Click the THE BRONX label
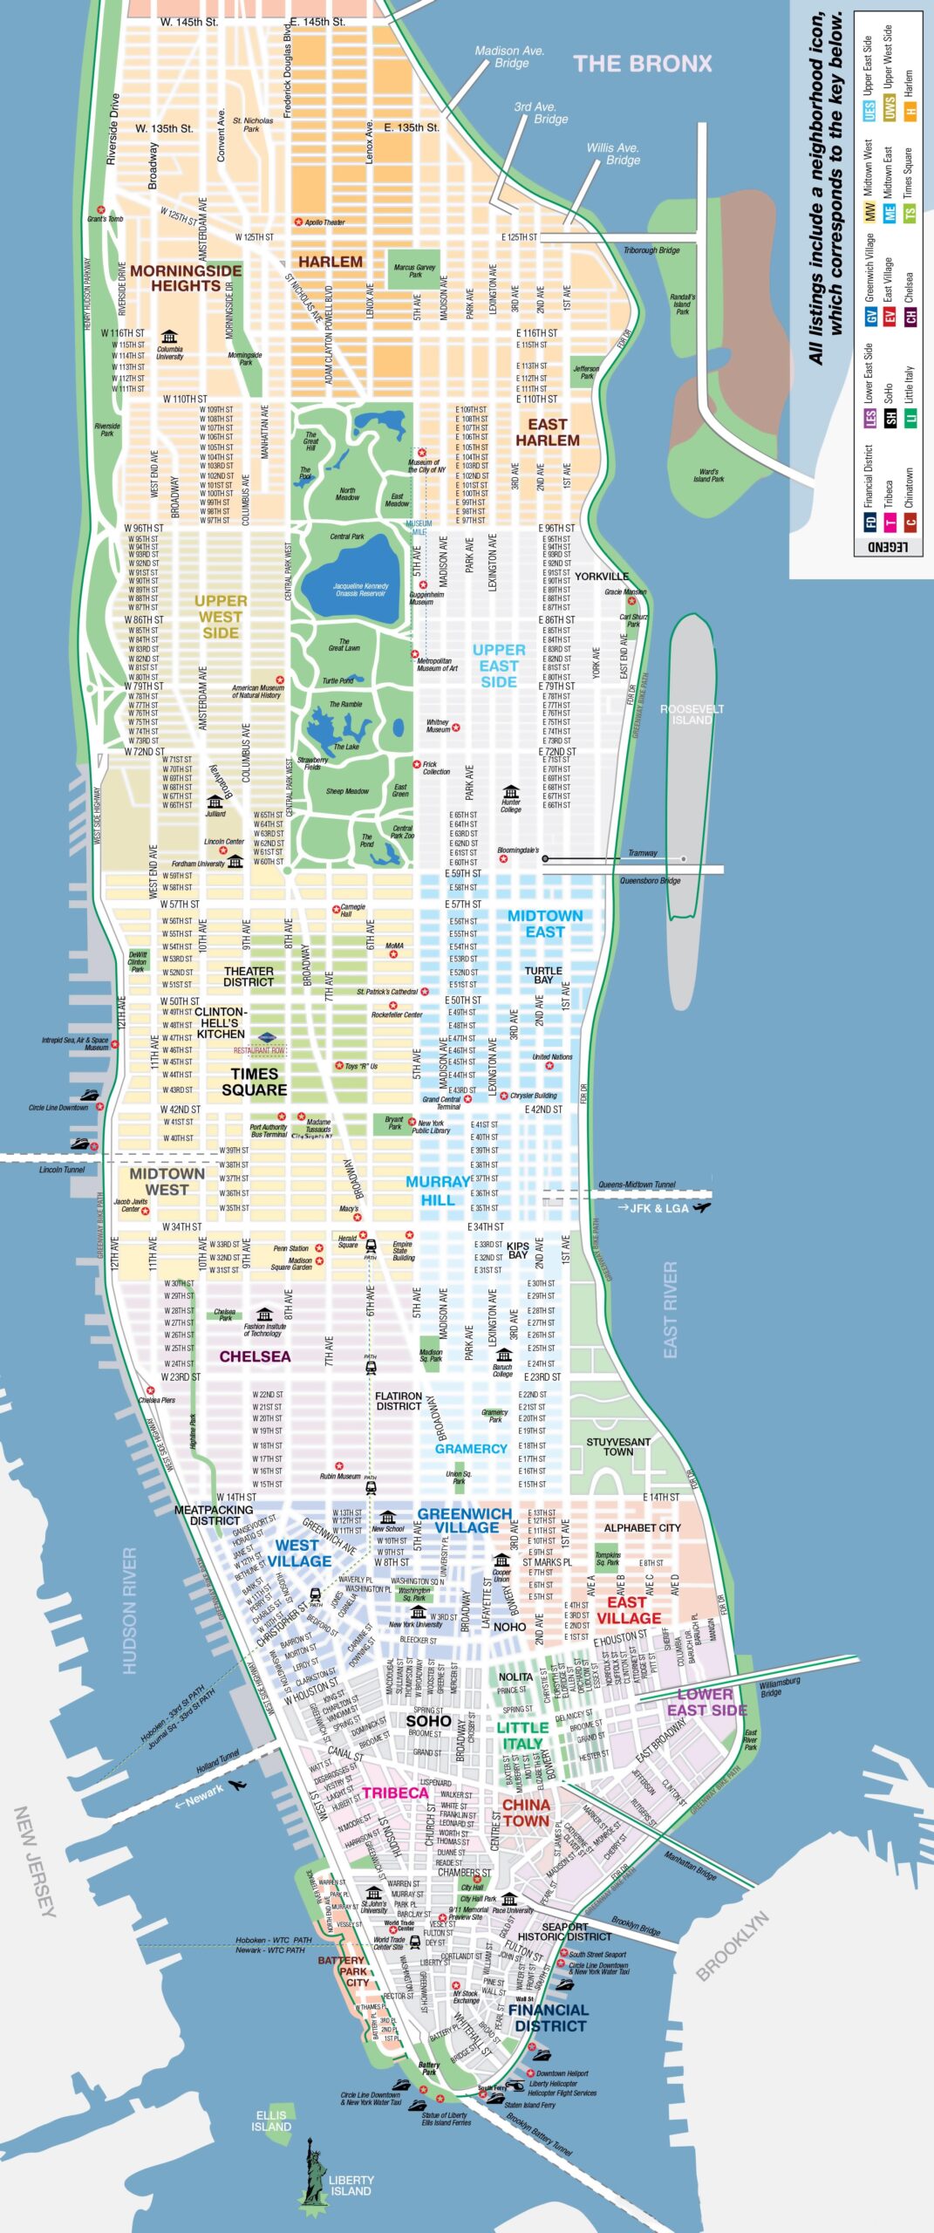[x=642, y=64]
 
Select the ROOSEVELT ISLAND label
[x=692, y=714]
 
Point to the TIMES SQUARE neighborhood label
[x=254, y=1082]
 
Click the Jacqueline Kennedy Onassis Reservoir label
[x=360, y=590]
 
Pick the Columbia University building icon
[x=169, y=337]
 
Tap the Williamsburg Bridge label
[x=779, y=1687]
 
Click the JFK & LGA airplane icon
[x=702, y=1207]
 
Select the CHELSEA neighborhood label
[x=255, y=1356]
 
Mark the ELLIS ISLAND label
[x=271, y=2120]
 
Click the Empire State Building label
[x=403, y=1251]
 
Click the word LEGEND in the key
[x=889, y=546]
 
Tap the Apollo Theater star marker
[x=298, y=222]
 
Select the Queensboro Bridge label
[x=650, y=881]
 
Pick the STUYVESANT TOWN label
[x=617, y=1446]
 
